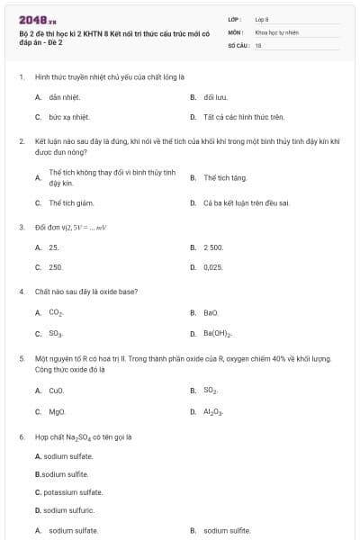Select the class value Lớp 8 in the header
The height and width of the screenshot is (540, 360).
261,18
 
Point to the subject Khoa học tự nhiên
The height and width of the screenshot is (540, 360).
274,31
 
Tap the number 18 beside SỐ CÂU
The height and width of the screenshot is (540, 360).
258,44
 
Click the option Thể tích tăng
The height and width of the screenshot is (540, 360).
225,178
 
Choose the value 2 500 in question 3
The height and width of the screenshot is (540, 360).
213,247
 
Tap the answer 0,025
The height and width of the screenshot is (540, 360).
213,267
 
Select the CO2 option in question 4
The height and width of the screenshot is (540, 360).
56,312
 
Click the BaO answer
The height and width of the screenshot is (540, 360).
211,312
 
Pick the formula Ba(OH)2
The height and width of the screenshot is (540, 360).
218,333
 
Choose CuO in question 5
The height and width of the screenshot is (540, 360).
57,391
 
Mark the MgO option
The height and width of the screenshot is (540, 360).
57,411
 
